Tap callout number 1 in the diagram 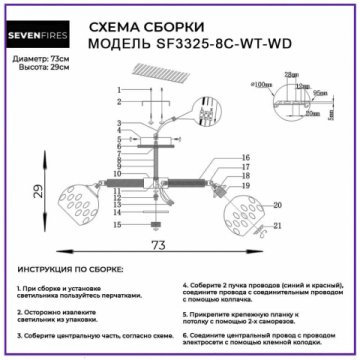click(x=118, y=91)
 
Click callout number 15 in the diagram click(x=118, y=227)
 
